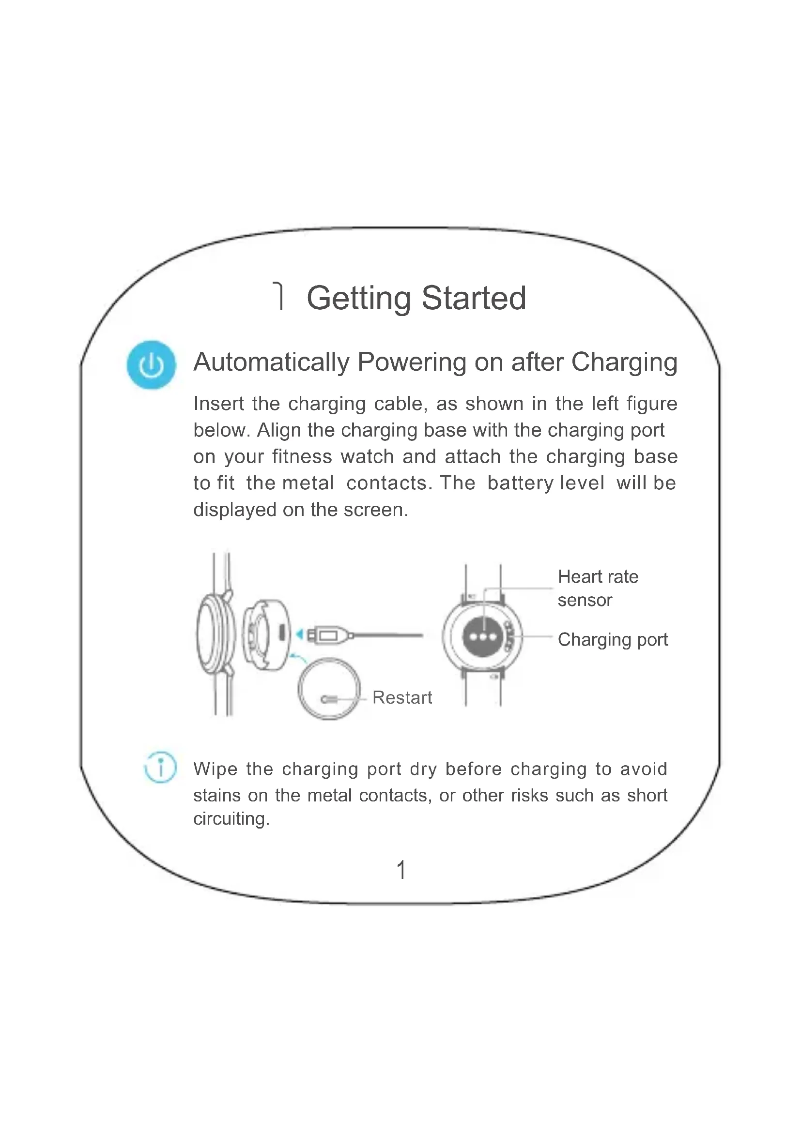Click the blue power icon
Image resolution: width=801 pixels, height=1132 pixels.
pos(151,365)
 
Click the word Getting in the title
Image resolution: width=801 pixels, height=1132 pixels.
pos(358,299)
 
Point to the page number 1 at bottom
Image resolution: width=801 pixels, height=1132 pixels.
pos(401,870)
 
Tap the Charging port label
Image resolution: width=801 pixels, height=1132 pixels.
pos(613,640)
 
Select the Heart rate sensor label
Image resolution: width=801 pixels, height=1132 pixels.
pos(598,588)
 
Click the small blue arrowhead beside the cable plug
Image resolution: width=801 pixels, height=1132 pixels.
pos(299,634)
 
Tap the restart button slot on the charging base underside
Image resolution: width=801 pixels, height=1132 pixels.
pos(329,699)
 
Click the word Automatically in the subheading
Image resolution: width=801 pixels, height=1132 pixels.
pos(271,362)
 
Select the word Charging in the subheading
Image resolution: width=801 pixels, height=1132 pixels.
pos(624,363)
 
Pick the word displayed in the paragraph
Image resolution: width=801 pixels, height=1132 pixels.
pos(235,510)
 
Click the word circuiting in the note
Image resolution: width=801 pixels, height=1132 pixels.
pos(231,819)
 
